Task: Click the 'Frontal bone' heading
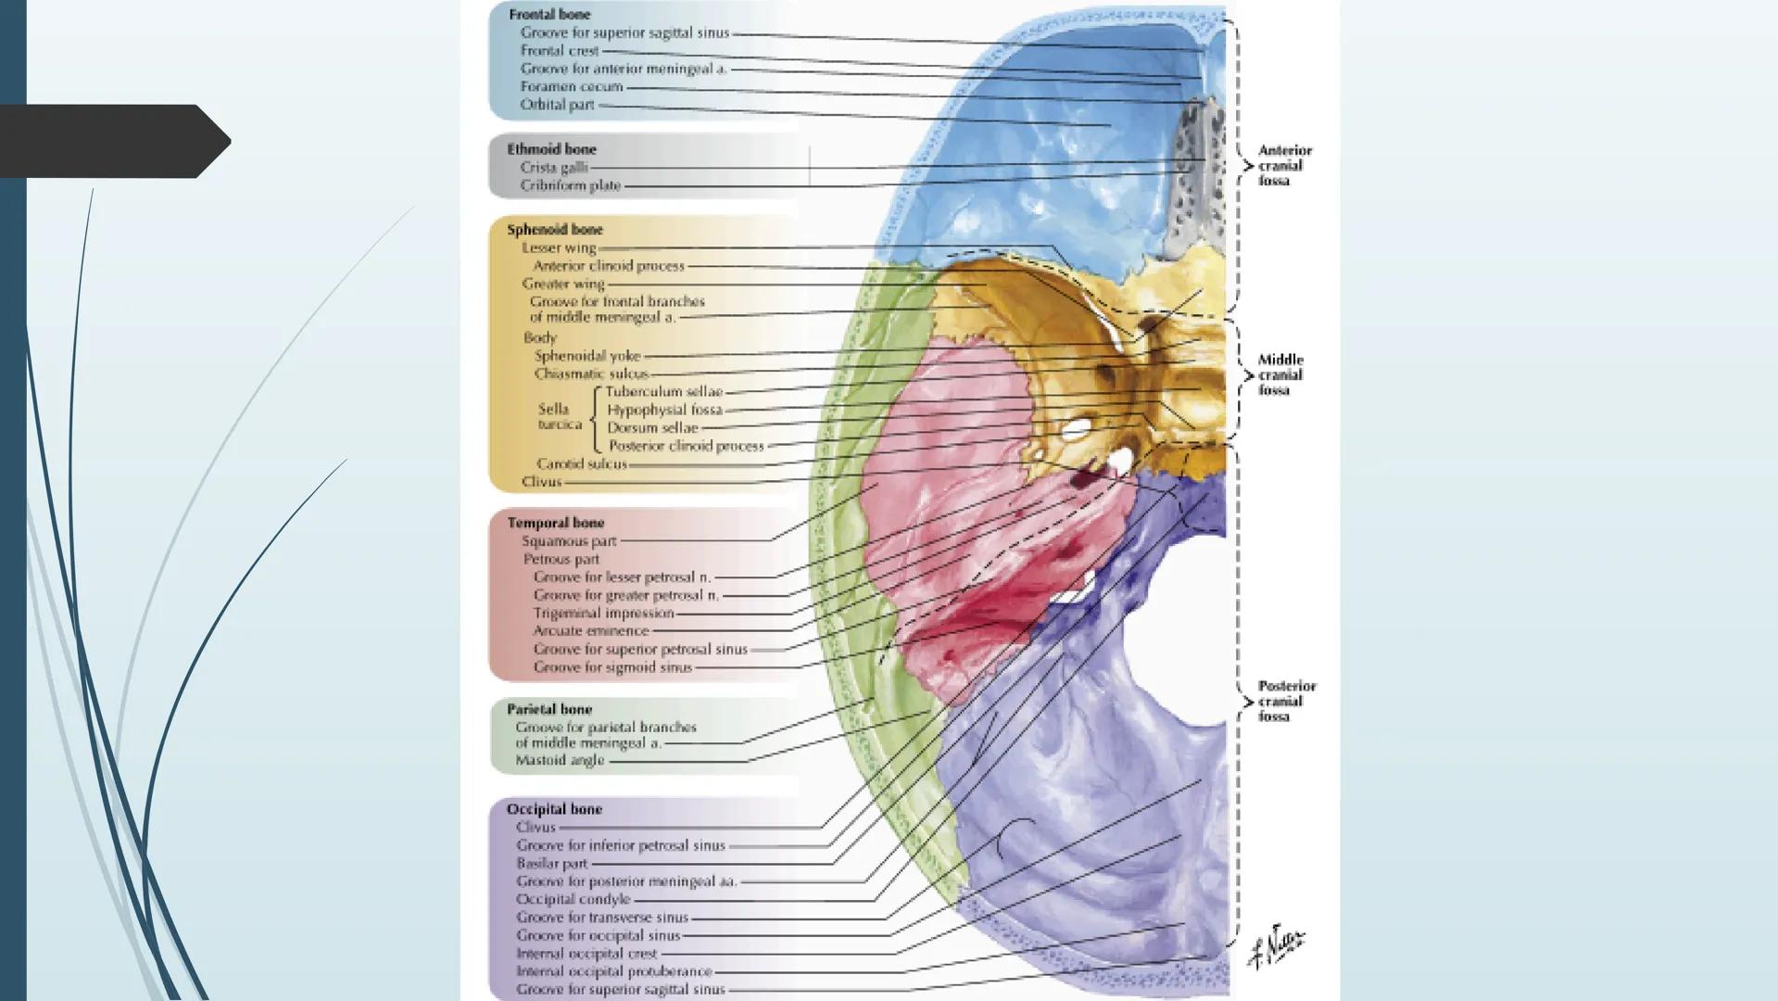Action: [549, 15]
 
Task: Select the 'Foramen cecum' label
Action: [571, 87]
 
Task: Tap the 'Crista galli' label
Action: [553, 168]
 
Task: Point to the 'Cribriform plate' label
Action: [570, 185]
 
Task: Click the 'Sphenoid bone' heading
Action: [554, 230]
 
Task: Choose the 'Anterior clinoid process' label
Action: [608, 266]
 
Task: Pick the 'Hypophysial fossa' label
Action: [664, 410]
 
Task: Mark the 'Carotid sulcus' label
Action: [582, 463]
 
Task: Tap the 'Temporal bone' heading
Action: [555, 523]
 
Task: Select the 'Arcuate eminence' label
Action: [591, 631]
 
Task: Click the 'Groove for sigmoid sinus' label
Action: [612, 667]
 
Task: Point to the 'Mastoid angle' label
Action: [560, 761]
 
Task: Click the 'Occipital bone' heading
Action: [554, 809]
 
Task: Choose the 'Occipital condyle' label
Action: [573, 899]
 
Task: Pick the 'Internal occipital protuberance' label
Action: [614, 971]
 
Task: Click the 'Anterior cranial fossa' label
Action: [1283, 166]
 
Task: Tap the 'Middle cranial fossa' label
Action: [1280, 375]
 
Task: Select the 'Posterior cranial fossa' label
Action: [1285, 702]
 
